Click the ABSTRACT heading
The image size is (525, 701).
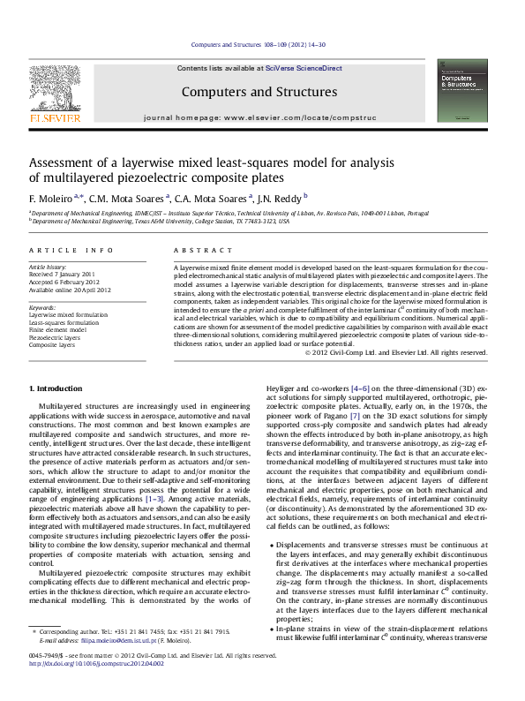point(196,251)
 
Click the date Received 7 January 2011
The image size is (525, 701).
point(62,274)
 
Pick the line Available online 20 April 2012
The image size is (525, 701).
point(71,290)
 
